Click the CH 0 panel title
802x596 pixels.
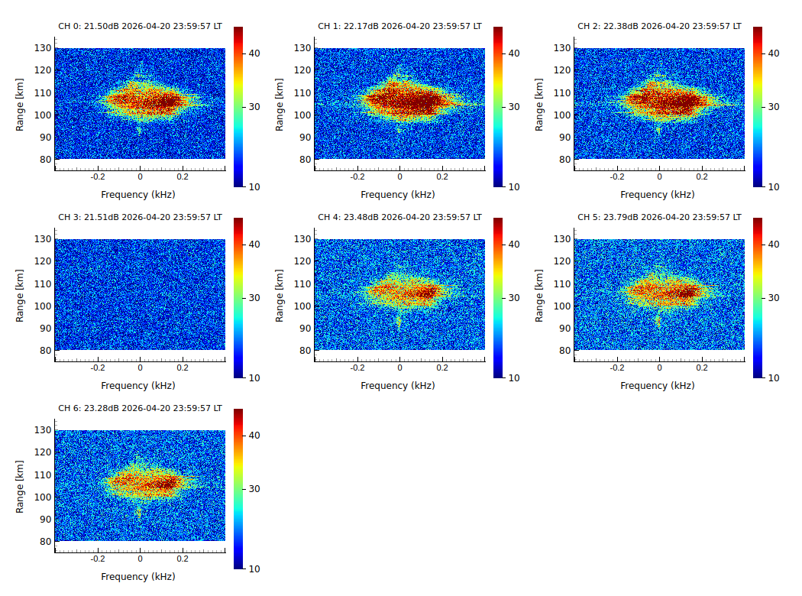coord(140,26)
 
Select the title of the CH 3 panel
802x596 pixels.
coord(140,217)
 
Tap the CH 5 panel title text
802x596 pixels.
coord(659,217)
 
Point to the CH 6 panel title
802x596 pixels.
coord(140,408)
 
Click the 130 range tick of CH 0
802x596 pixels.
coord(43,48)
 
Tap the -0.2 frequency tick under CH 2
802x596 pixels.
coord(616,176)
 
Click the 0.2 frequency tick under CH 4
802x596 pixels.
coord(442,367)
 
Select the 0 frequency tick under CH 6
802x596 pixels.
coord(140,558)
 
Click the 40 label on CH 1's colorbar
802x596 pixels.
coord(515,53)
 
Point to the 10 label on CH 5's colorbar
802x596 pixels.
coord(774,377)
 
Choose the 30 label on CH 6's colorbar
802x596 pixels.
coord(255,489)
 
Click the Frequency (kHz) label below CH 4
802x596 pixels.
coord(398,386)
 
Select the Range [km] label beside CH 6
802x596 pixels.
coord(21,486)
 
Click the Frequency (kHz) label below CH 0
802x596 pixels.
coord(138,195)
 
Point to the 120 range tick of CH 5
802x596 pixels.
coord(562,261)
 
